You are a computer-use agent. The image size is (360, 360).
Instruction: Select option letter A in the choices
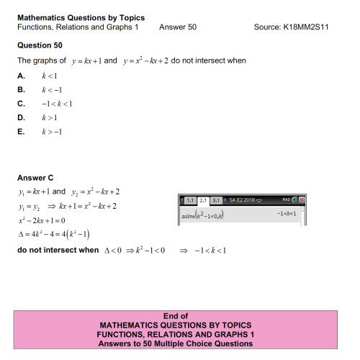click(22, 76)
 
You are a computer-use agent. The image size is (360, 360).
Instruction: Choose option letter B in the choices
click(22, 89)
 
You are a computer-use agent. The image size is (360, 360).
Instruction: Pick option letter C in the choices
click(22, 103)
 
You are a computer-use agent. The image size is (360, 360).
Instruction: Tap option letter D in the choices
click(22, 117)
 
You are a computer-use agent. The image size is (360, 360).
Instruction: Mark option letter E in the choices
click(22, 130)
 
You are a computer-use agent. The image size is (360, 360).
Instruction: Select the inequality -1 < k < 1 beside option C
click(58, 103)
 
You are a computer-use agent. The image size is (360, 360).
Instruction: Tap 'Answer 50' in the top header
click(178, 27)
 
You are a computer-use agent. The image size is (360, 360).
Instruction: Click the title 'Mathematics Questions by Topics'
click(80, 17)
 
